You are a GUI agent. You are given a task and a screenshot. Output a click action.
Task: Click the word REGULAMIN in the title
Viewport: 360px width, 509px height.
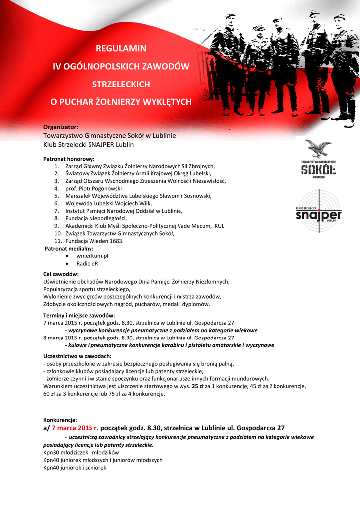point(121,49)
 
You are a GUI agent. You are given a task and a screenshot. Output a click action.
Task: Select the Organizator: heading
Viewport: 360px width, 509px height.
point(61,127)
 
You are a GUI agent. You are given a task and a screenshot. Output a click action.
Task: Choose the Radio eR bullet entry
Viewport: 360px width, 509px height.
point(87,263)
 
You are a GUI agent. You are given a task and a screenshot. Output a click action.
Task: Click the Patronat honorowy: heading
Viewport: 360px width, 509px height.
point(69,159)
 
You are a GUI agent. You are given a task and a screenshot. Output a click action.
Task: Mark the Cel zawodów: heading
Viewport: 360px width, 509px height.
point(61,274)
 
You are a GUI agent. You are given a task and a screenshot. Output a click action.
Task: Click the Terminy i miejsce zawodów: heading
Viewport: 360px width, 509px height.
point(80,315)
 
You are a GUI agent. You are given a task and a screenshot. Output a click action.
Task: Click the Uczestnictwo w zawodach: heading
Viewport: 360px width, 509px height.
point(77,356)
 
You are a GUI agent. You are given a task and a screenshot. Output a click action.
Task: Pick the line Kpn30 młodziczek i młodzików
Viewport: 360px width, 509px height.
point(82,453)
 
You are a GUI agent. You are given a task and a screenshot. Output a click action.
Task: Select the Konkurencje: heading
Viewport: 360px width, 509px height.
point(60,420)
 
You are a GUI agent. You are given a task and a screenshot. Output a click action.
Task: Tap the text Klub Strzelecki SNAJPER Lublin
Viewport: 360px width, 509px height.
point(89,145)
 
